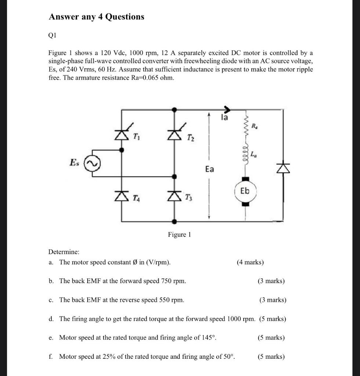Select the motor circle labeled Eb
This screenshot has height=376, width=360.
pyautogui.click(x=245, y=191)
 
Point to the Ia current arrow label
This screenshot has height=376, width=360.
pyautogui.click(x=224, y=117)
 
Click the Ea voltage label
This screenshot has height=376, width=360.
pyautogui.click(x=209, y=169)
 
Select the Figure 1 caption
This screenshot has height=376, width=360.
pyautogui.click(x=179, y=234)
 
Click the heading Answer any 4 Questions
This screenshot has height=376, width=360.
pyautogui.click(x=97, y=17)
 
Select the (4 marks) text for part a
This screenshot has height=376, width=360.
pyautogui.click(x=250, y=262)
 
